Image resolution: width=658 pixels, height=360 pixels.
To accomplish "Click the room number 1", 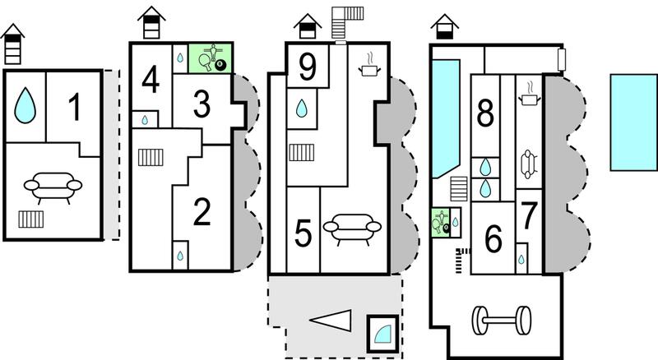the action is tap(75, 107).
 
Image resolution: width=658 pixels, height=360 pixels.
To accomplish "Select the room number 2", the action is tap(202, 212).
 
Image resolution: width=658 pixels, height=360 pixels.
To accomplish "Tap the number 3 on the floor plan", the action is tap(202, 104).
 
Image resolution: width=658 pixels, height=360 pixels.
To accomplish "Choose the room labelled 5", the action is tap(303, 233).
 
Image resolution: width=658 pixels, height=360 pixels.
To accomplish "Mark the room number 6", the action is tap(493, 238).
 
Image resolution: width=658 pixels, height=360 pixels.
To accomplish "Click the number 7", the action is tap(529, 215).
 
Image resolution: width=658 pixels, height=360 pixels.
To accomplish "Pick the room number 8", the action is tap(485, 113).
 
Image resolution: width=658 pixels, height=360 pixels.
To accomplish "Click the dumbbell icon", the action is tap(502, 321).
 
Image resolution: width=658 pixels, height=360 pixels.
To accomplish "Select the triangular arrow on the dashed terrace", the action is tap(331, 321).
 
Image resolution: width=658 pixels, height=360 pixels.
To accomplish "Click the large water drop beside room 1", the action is tap(25, 105).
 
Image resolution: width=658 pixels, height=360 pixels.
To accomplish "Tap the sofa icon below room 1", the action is tap(53, 187).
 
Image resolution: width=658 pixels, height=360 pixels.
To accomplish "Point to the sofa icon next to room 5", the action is tap(352, 229).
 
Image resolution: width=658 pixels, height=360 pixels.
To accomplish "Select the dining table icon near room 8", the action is tap(529, 164).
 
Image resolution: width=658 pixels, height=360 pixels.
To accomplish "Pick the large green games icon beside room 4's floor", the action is tap(211, 58).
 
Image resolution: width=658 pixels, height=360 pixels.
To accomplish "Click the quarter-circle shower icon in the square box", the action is tap(382, 334).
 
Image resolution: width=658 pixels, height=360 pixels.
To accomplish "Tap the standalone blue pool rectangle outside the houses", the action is tap(633, 122).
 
